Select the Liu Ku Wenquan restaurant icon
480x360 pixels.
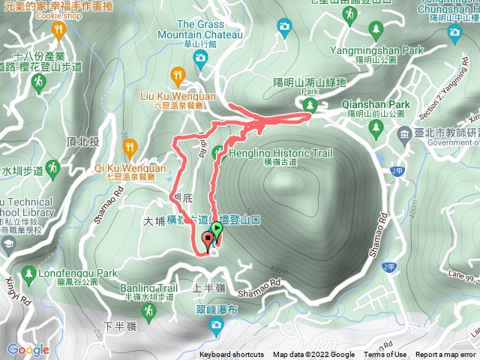point(178,75)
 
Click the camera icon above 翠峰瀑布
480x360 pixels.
point(216,325)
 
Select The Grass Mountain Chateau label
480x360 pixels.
point(210,30)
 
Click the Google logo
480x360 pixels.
point(28,349)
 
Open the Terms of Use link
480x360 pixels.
point(385,355)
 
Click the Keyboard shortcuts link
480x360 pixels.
point(232,355)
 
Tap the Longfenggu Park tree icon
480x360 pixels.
point(28,274)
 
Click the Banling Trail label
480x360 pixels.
point(147,287)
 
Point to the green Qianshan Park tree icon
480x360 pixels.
point(375,127)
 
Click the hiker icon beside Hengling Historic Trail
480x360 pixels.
point(219,153)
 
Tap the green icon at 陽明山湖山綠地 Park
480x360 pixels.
point(307,105)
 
